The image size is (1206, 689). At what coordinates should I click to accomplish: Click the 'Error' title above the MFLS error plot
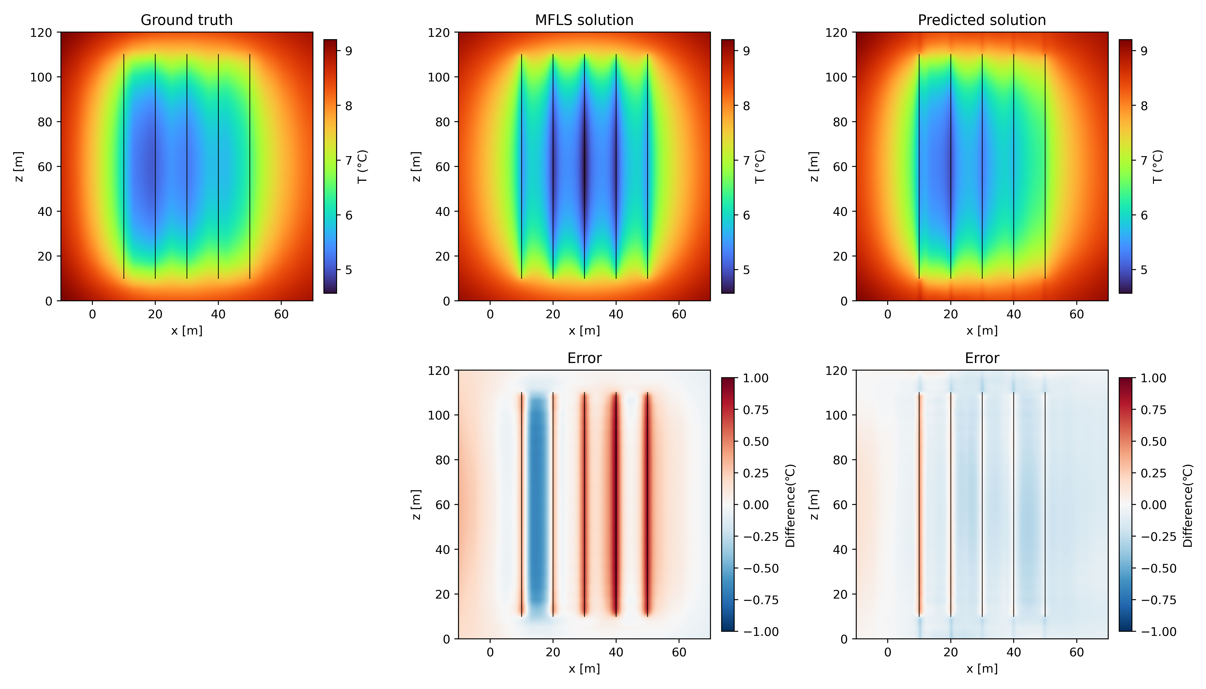pyautogui.click(x=584, y=358)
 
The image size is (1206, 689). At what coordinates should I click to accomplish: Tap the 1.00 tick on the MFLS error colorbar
pyautogui.click(x=755, y=378)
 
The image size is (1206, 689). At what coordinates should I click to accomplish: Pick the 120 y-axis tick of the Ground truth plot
pyautogui.click(x=41, y=33)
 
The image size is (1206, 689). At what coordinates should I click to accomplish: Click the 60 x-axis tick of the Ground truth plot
pyautogui.click(x=281, y=314)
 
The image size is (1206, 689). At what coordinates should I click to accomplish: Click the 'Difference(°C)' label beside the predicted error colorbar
pyautogui.click(x=1187, y=505)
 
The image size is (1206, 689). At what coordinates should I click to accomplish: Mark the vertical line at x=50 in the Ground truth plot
pyautogui.click(x=250, y=167)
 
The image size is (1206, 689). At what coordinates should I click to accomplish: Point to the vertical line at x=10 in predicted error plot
pyautogui.click(x=919, y=504)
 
